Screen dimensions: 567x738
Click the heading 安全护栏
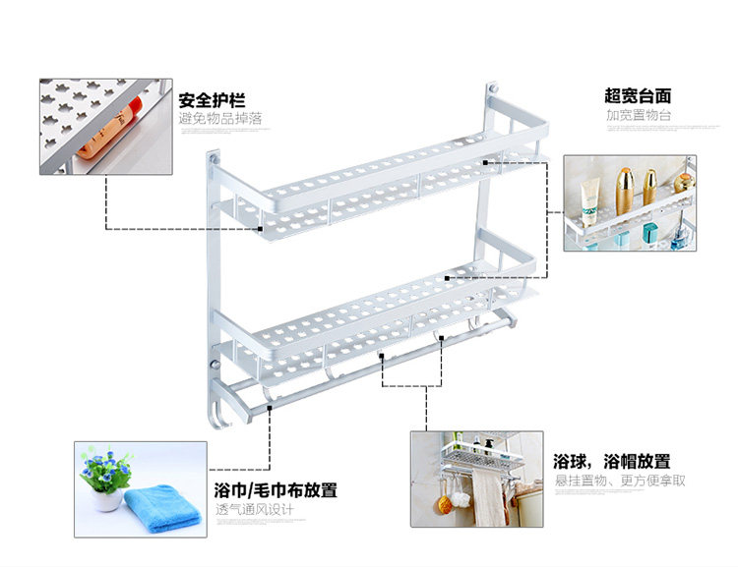tap(212, 100)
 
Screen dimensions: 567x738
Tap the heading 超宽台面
tap(638, 95)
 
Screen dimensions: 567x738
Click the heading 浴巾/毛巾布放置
tap(276, 489)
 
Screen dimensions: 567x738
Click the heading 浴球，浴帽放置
tap(611, 461)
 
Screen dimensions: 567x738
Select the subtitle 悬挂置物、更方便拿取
tap(619, 481)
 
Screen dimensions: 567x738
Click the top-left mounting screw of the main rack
tap(214, 155)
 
